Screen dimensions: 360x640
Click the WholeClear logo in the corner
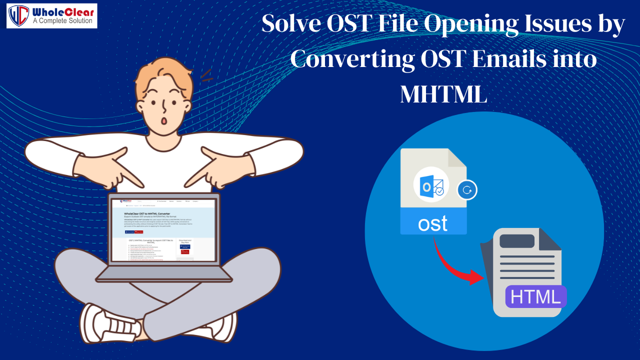[x=51, y=15]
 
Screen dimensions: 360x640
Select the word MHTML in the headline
[x=443, y=93]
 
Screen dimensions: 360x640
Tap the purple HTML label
[x=535, y=297]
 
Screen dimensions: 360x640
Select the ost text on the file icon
[x=433, y=223]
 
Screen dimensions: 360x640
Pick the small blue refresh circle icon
[x=467, y=190]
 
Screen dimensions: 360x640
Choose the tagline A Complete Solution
[x=62, y=21]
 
